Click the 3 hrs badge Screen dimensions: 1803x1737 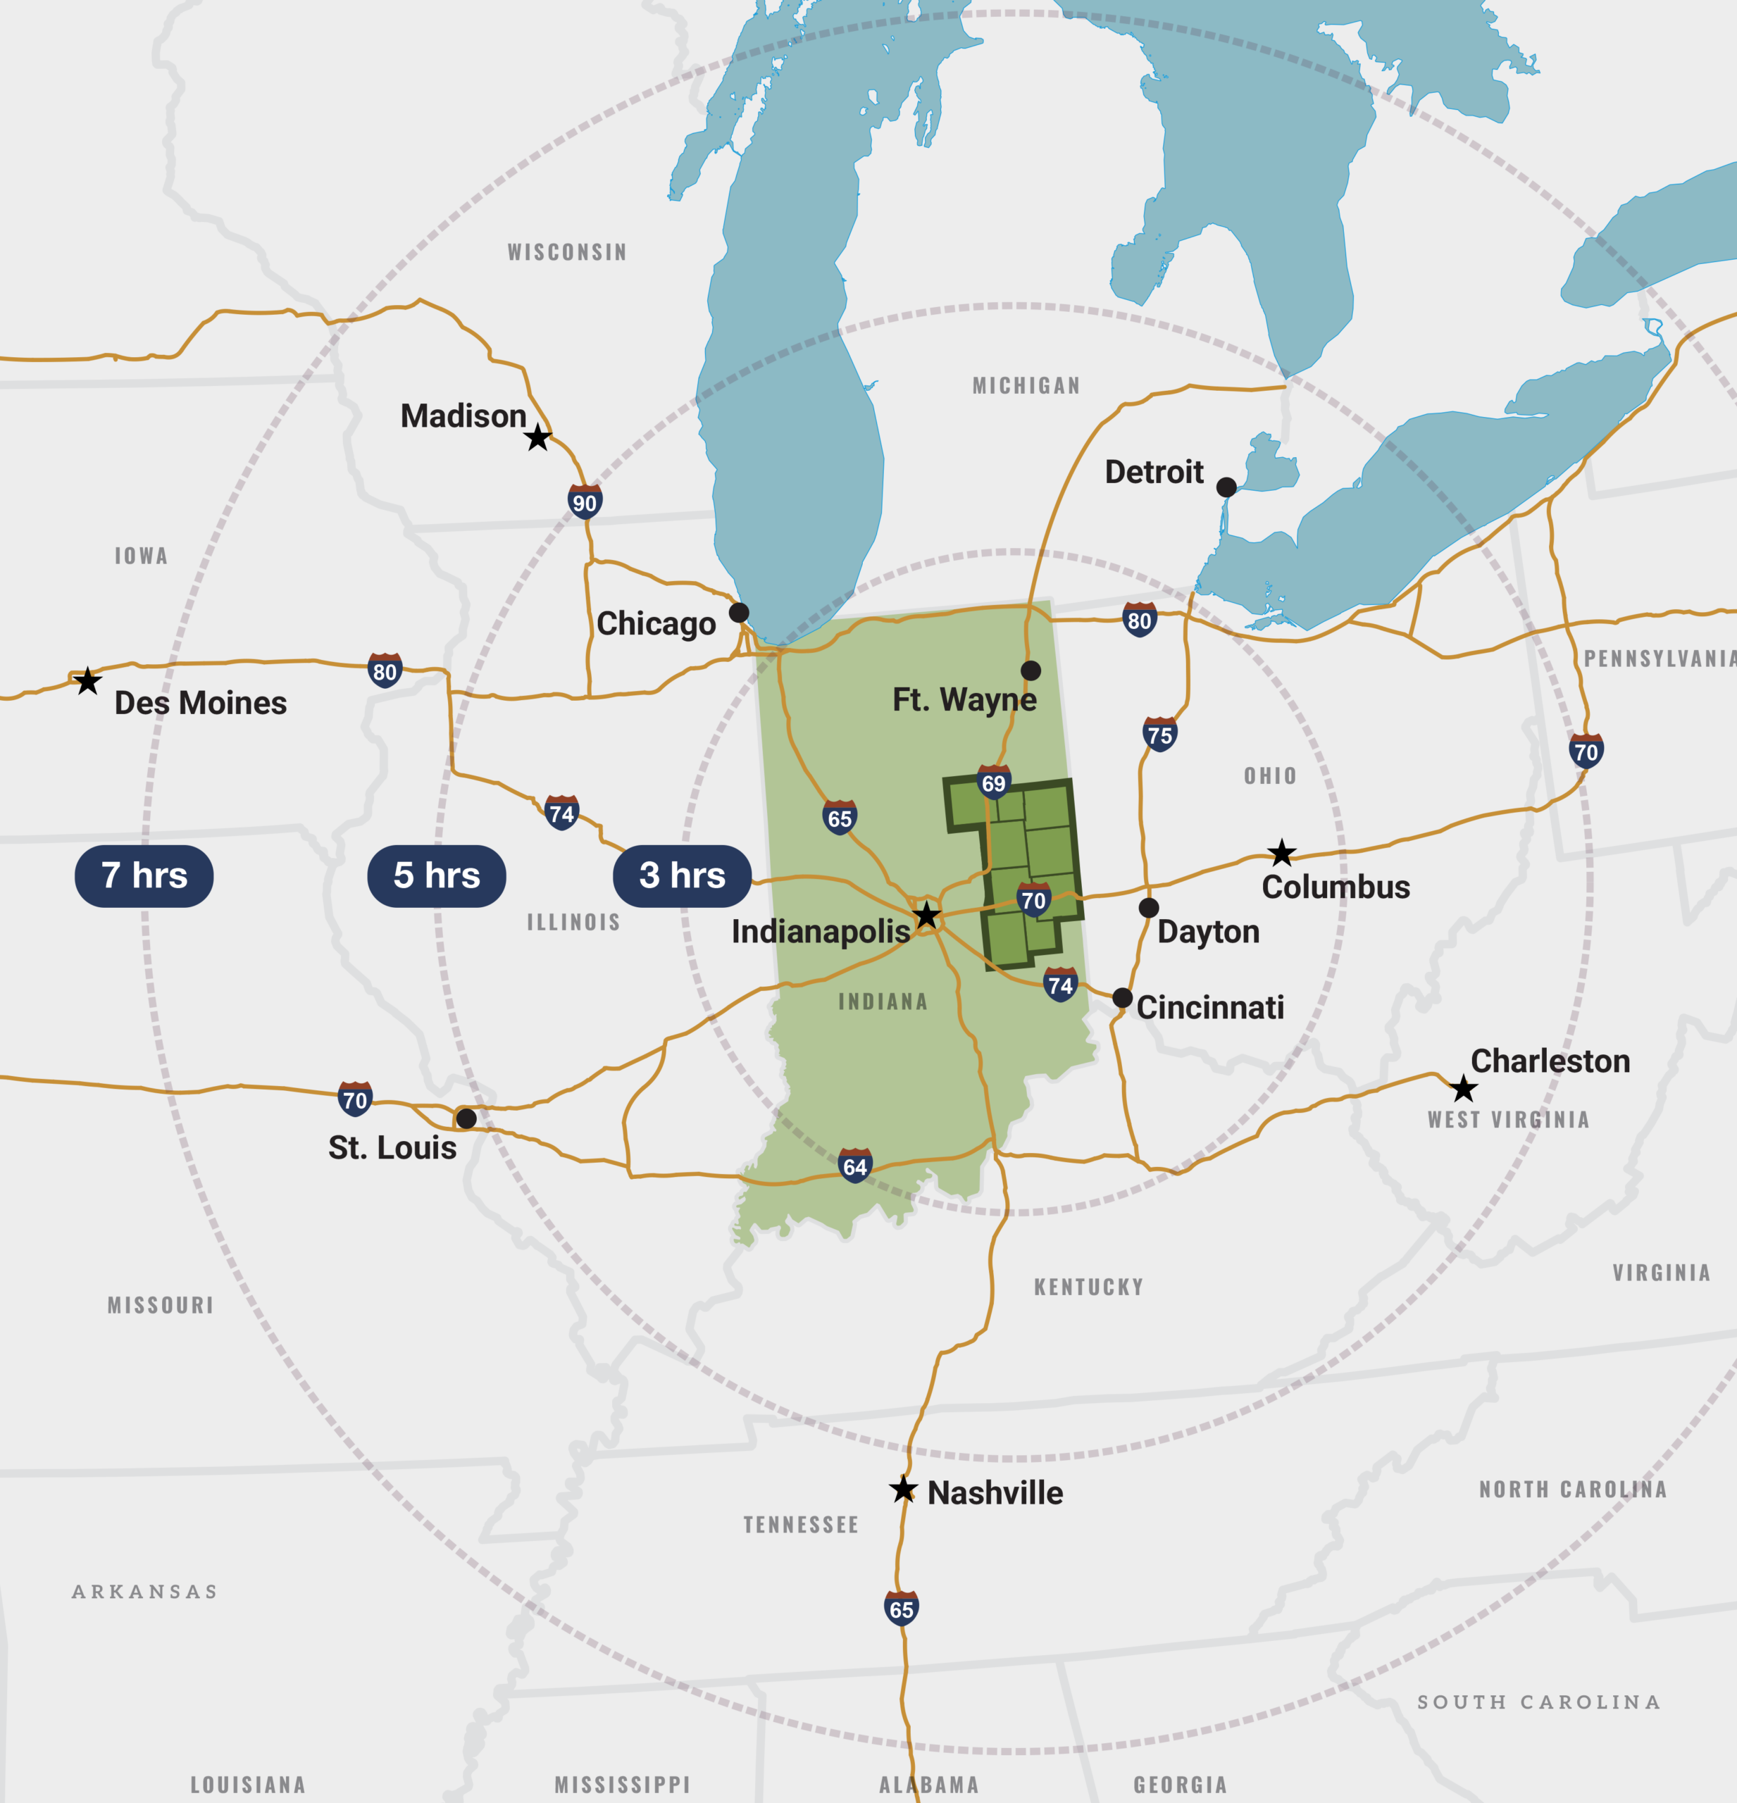tap(682, 875)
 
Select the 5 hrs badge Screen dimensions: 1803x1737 tap(436, 875)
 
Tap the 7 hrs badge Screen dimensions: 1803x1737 tap(144, 875)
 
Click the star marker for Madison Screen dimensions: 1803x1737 tap(538, 438)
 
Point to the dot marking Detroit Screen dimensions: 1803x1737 tap(1226, 487)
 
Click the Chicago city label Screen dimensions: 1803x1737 tap(656, 624)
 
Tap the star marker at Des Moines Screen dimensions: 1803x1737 tap(87, 682)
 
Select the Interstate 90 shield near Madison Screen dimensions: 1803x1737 tap(584, 502)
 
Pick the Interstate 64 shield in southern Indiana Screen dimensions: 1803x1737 tap(854, 1166)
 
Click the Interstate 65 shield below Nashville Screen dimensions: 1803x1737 tap(901, 1609)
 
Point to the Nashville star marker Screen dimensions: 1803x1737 tap(904, 1490)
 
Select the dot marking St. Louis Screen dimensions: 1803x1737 tap(466, 1118)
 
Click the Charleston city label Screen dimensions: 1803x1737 tap(1550, 1061)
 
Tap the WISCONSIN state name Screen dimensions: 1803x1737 tap(567, 252)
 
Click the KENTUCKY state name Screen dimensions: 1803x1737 tap(1088, 1287)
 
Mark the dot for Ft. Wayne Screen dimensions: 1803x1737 tap(1031, 670)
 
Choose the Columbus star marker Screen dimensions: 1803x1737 tap(1281, 853)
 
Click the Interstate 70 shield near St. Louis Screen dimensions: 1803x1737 tap(354, 1099)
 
